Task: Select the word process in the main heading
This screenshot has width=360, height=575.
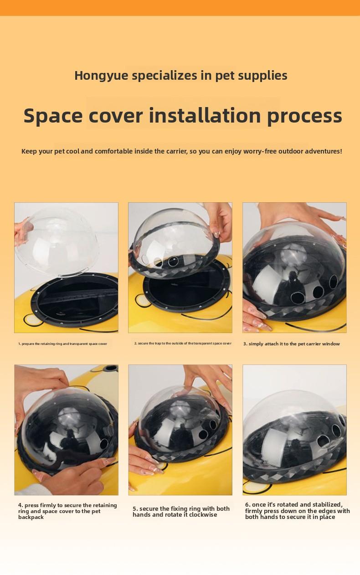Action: coord(304,117)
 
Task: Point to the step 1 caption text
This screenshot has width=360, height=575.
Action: coord(62,344)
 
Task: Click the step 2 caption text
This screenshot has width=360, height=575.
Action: coord(182,343)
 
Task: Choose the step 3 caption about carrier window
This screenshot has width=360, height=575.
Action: coord(291,344)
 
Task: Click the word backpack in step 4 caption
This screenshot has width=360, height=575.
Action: coord(31,517)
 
